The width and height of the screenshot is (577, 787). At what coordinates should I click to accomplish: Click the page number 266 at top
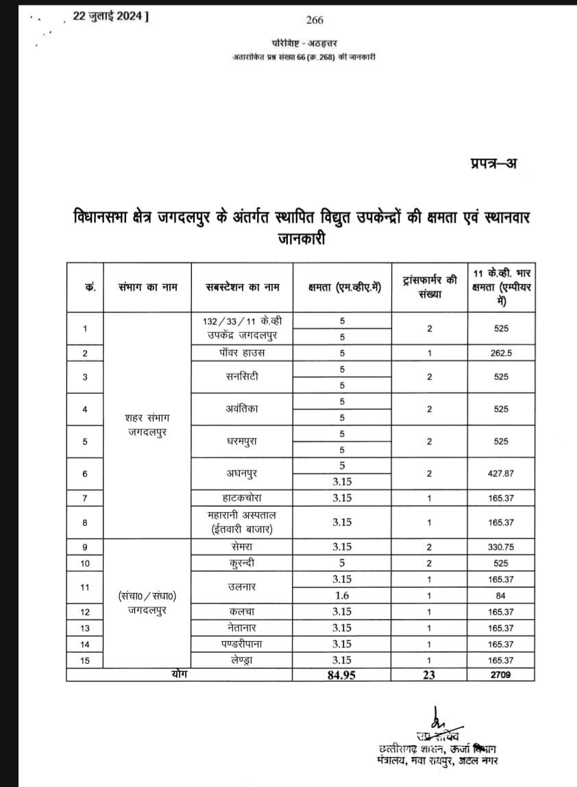[x=315, y=20]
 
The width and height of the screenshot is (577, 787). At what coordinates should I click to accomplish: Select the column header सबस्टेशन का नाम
[x=243, y=287]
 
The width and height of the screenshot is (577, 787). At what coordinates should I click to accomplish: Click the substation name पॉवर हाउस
[x=243, y=353]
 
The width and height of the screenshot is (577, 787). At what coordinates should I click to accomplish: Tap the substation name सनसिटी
[x=243, y=377]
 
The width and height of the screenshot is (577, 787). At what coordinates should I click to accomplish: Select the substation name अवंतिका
[x=243, y=409]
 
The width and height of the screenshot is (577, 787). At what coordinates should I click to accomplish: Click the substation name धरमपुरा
[x=243, y=441]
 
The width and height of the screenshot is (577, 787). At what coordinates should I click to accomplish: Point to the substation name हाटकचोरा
[x=243, y=498]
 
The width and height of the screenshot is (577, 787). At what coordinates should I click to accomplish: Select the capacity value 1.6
[x=342, y=595]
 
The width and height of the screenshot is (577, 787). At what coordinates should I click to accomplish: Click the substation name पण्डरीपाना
[x=243, y=644]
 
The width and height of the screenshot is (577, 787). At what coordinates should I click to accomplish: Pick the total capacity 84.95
[x=342, y=675]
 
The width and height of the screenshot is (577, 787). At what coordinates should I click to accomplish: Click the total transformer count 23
[x=429, y=675]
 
